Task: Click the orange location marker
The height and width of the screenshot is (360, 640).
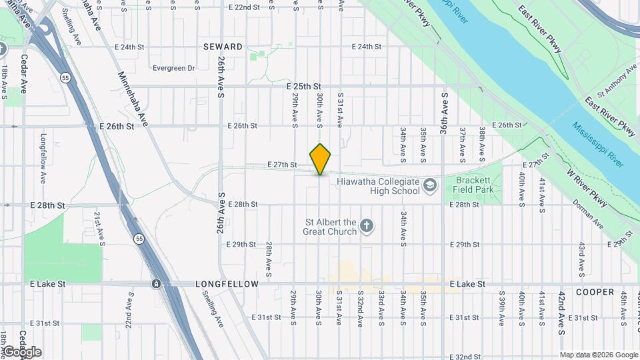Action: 320,159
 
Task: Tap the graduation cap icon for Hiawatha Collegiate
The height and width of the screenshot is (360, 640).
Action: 430,184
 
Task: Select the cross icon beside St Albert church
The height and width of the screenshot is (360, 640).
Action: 366,227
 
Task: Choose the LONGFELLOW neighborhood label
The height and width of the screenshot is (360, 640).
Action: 227,284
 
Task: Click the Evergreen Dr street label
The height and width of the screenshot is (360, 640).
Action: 173,68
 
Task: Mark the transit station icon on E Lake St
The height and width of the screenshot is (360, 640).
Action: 156,284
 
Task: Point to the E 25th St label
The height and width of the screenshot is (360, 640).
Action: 304,87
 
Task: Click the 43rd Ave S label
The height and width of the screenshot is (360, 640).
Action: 582,257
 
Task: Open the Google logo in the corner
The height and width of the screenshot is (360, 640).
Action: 21,352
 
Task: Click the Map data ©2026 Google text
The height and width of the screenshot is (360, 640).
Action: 599,355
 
